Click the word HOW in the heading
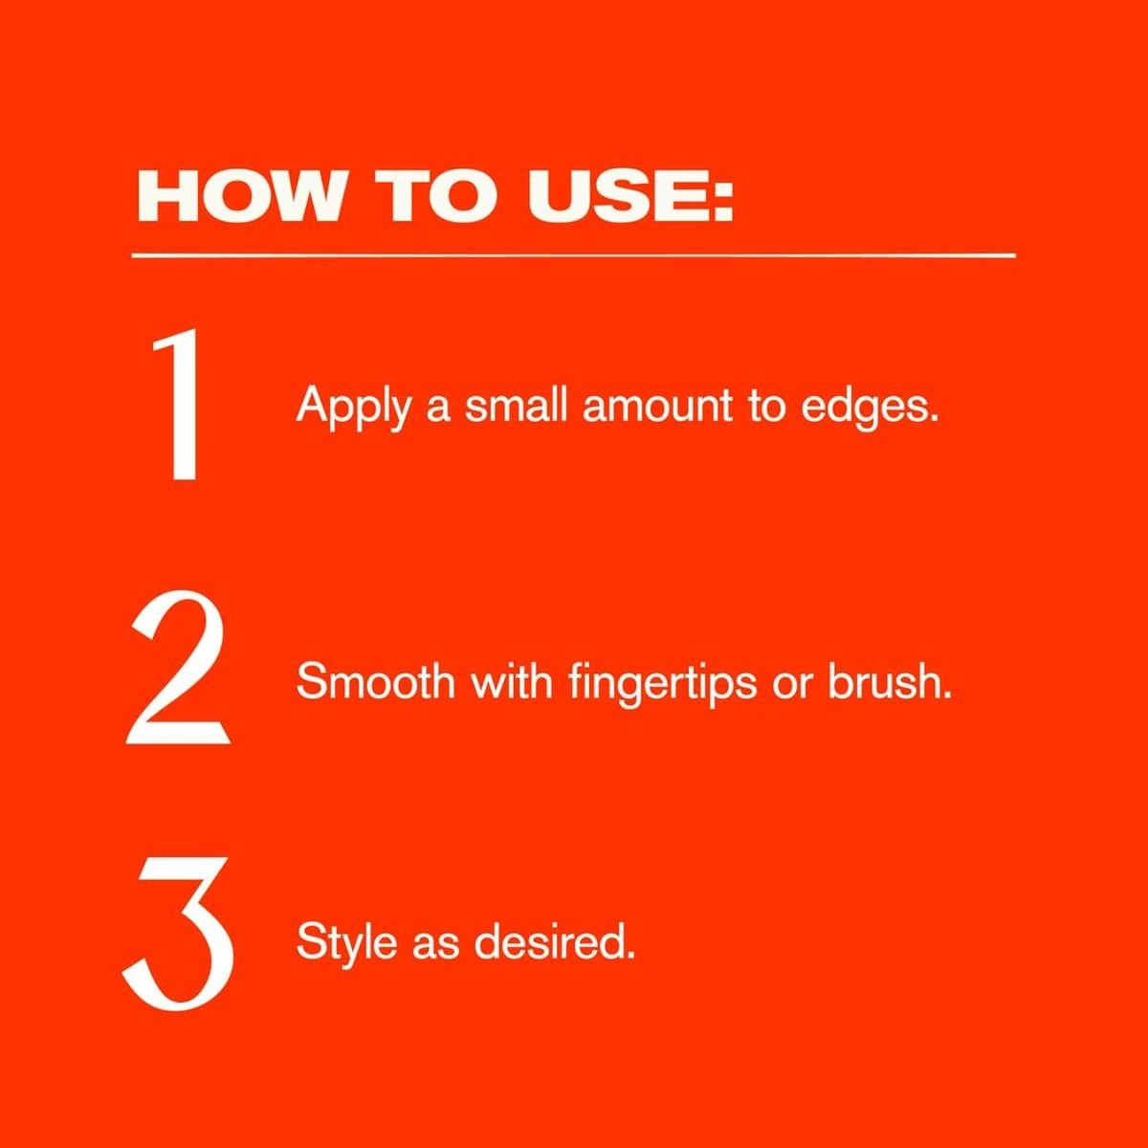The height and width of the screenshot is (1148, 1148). (240, 196)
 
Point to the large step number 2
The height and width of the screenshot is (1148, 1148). (178, 672)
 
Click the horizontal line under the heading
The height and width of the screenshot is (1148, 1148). (574, 255)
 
